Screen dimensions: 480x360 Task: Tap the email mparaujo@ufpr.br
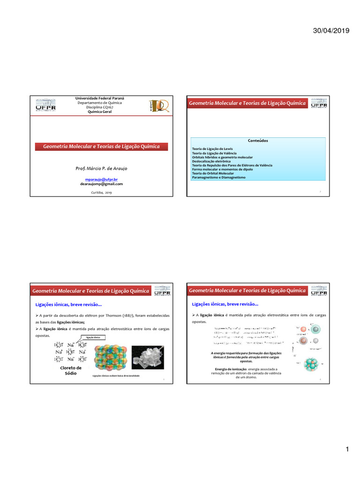tap(101, 180)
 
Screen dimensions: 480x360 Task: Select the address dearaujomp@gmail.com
tap(101, 184)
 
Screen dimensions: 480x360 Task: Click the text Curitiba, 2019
tap(101, 193)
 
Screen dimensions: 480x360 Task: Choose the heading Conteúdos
tap(258, 140)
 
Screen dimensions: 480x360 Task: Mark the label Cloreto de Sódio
tap(71, 370)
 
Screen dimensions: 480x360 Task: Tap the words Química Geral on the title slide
tap(100, 112)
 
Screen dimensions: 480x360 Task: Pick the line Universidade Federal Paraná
tap(100, 98)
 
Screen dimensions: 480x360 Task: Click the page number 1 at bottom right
tap(347, 450)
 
